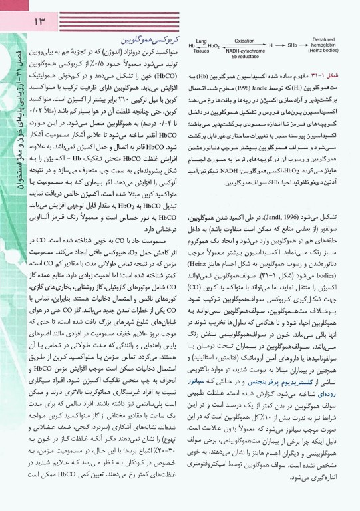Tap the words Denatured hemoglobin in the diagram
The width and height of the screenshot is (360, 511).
[x=329, y=41]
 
